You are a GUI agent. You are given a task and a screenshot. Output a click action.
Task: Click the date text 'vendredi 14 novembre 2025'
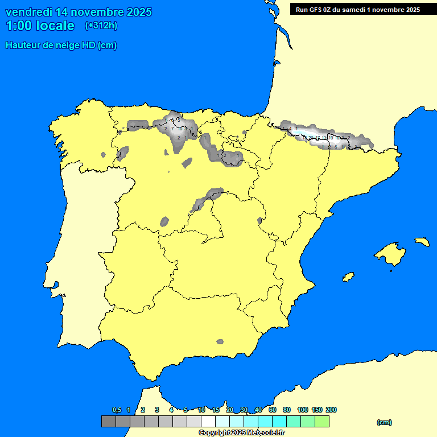[79, 12]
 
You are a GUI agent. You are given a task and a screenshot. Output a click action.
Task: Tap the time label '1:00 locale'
[40, 26]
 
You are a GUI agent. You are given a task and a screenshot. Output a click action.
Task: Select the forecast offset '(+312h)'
[101, 26]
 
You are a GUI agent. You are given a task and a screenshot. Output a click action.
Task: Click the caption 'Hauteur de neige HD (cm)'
[61, 46]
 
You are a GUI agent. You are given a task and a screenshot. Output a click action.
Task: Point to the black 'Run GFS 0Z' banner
[358, 9]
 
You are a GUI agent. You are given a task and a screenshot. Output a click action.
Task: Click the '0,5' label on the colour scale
[117, 410]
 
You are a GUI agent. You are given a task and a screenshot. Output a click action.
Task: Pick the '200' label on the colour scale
[331, 410]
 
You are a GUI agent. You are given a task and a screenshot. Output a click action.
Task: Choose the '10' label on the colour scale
[201, 410]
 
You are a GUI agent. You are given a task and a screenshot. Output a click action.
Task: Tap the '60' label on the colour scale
[273, 410]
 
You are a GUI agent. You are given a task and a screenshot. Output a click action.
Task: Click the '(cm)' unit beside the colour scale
[384, 422]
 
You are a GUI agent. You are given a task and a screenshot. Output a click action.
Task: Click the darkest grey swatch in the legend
[108, 422]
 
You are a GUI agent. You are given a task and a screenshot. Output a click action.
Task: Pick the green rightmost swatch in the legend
[321, 422]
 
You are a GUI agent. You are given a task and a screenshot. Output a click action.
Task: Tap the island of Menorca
[422, 241]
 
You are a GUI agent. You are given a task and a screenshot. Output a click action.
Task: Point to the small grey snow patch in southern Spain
[220, 341]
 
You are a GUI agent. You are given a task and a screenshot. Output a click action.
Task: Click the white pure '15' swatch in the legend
[208, 422]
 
